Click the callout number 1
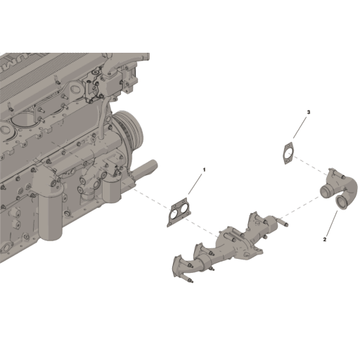tap(205, 169)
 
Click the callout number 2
tap(325, 239)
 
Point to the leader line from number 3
tap(300, 128)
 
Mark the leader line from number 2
tap(330, 224)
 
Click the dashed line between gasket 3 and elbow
tap(309, 166)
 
